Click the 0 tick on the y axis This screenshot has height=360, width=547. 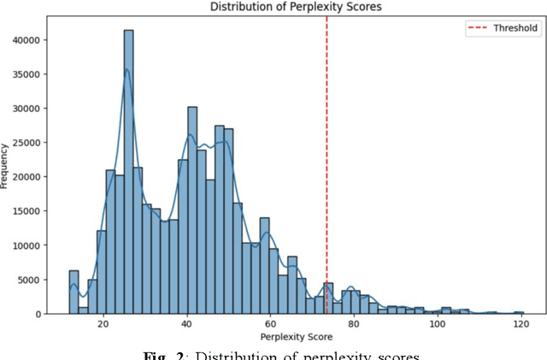click(x=38, y=314)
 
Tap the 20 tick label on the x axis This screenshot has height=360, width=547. click(x=103, y=325)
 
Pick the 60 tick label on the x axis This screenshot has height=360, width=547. click(x=270, y=325)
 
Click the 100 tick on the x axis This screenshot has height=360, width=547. click(x=437, y=325)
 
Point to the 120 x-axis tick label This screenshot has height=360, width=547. click(x=521, y=325)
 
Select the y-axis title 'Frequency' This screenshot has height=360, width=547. click(x=8, y=165)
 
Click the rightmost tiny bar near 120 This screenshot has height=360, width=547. click(x=519, y=313)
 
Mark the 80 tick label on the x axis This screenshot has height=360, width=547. click(x=354, y=325)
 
